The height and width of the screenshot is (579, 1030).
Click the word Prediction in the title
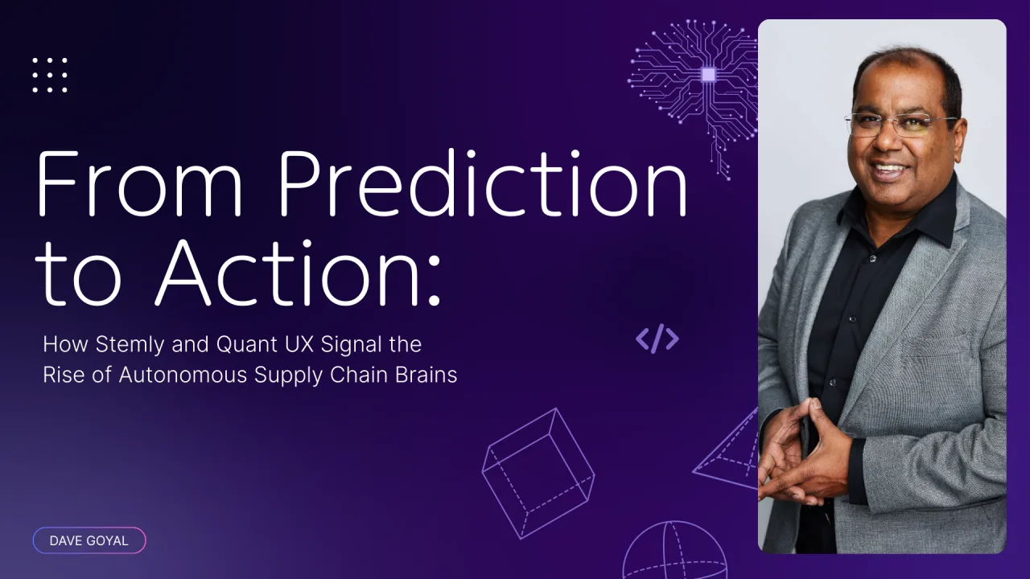click(x=483, y=183)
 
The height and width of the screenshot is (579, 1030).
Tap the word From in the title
click(x=139, y=183)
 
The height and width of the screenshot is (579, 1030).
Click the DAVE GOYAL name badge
click(x=89, y=540)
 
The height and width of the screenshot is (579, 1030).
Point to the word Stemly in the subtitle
click(x=130, y=345)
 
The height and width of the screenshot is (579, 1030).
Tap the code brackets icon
click(x=657, y=339)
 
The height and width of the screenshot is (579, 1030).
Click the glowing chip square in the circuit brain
click(x=708, y=75)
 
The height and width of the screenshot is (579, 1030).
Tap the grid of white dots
click(x=50, y=75)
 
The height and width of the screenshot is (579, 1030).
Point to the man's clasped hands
click(x=805, y=455)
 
